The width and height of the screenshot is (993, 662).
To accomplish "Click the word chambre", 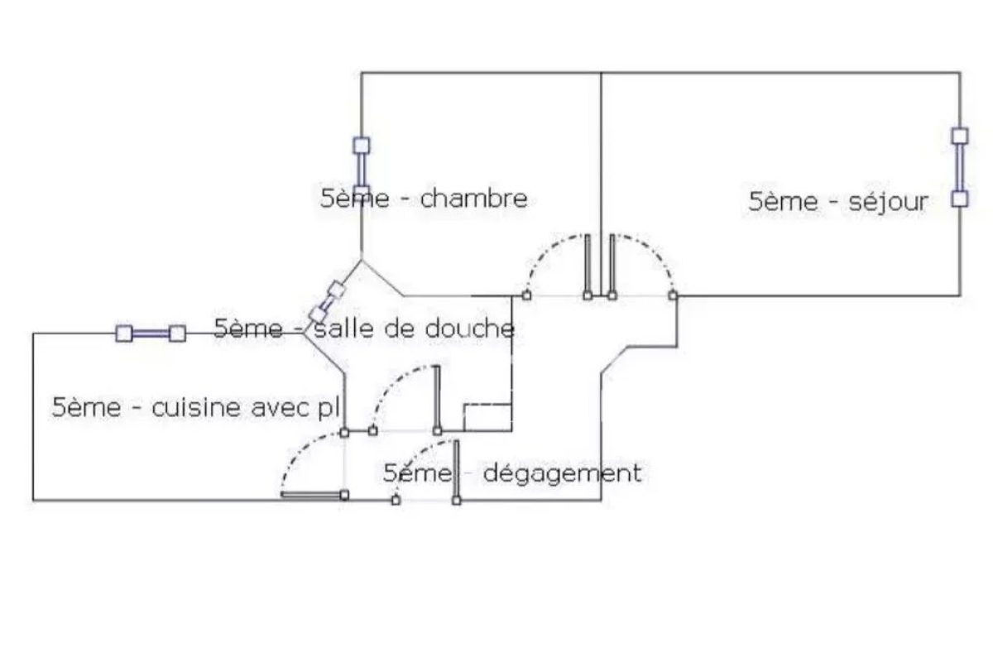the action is click(x=473, y=199).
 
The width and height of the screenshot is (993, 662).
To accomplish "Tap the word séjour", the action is click(x=888, y=203).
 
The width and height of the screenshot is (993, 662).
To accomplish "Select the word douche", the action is click(x=470, y=329).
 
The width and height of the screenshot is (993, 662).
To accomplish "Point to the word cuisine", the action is click(x=196, y=407).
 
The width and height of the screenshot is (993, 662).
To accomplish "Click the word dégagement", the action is click(x=562, y=474).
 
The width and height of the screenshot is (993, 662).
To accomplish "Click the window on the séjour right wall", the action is click(x=960, y=167).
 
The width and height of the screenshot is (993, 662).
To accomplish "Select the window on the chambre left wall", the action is click(x=362, y=169).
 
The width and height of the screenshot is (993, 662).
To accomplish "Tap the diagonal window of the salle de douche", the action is click(x=327, y=302).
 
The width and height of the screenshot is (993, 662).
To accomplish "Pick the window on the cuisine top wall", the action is click(x=151, y=333).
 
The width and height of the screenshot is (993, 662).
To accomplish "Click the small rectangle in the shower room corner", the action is click(x=487, y=417).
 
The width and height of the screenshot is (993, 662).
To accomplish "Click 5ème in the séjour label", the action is click(x=783, y=202).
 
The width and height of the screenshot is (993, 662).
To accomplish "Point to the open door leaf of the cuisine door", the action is click(x=313, y=495).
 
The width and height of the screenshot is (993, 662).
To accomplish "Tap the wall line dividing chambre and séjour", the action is click(x=601, y=184).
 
